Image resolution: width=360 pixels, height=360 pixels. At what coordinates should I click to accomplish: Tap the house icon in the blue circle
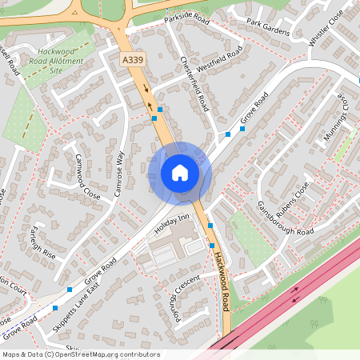click(180, 173)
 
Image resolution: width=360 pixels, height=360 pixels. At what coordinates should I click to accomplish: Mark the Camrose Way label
click(122, 169)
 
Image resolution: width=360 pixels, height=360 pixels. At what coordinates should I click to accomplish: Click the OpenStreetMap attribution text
click(81, 354)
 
